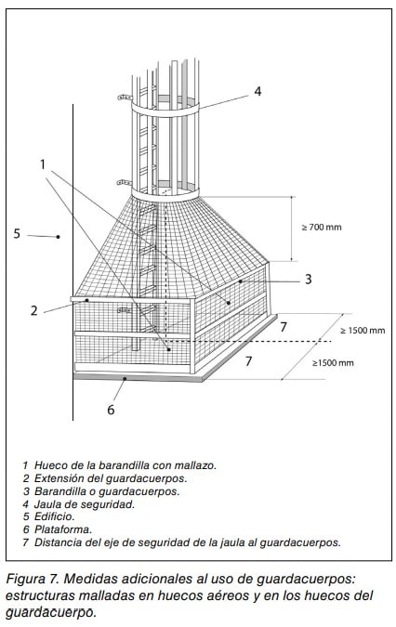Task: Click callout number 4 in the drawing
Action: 257,92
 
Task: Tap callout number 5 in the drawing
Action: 17,233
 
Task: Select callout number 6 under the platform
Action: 111,410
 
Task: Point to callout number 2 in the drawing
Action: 34,310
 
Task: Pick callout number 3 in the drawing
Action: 308,279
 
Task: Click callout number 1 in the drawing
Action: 43,163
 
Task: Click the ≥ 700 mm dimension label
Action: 322,228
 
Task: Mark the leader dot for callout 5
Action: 58,237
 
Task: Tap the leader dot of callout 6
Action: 125,378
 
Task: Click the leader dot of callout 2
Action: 86,300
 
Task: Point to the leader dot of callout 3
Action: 241,281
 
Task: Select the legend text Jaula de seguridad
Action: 85,504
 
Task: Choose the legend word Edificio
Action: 55,516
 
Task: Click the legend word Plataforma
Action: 63,529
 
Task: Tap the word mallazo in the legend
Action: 195,465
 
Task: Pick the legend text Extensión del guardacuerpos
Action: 111,478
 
